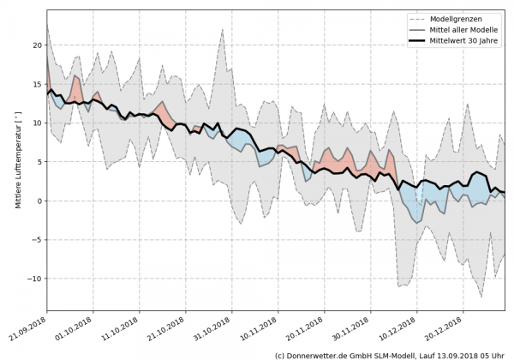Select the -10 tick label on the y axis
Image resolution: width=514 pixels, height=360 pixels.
35,279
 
